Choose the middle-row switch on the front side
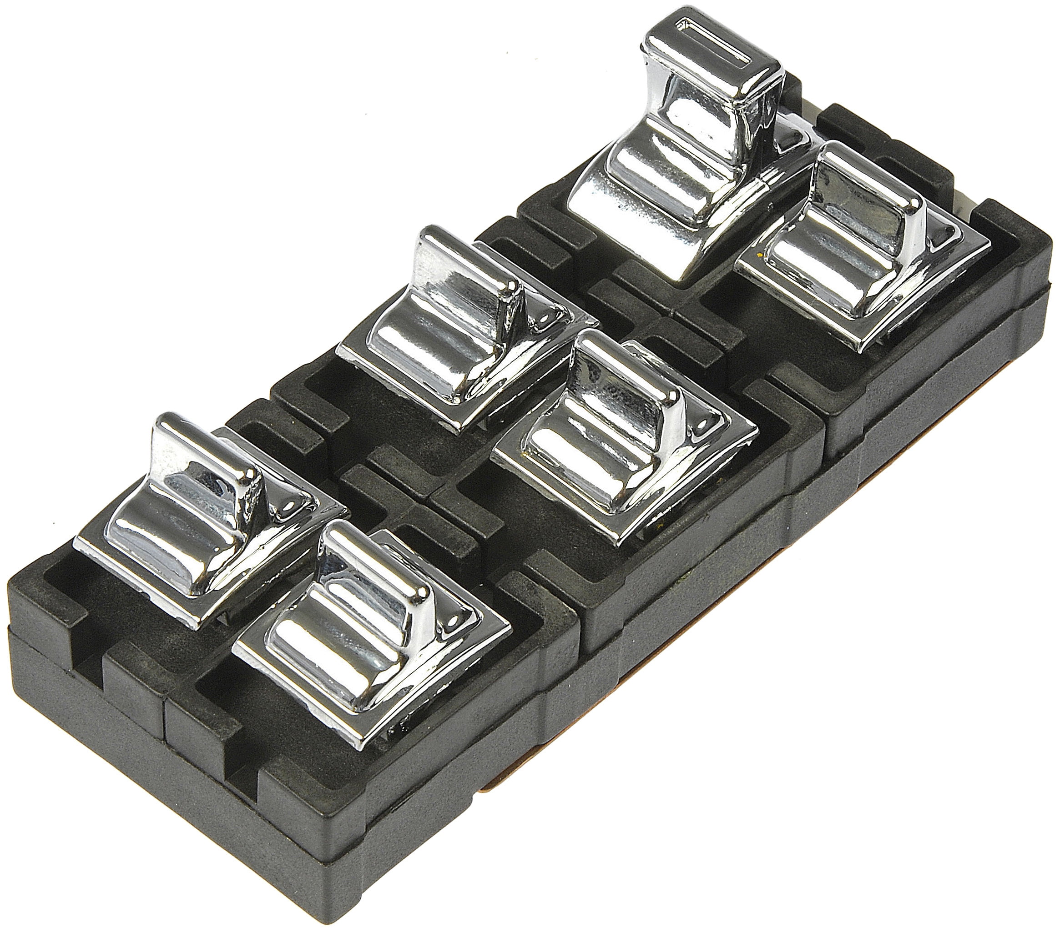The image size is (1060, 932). pyautogui.click(x=622, y=451)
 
